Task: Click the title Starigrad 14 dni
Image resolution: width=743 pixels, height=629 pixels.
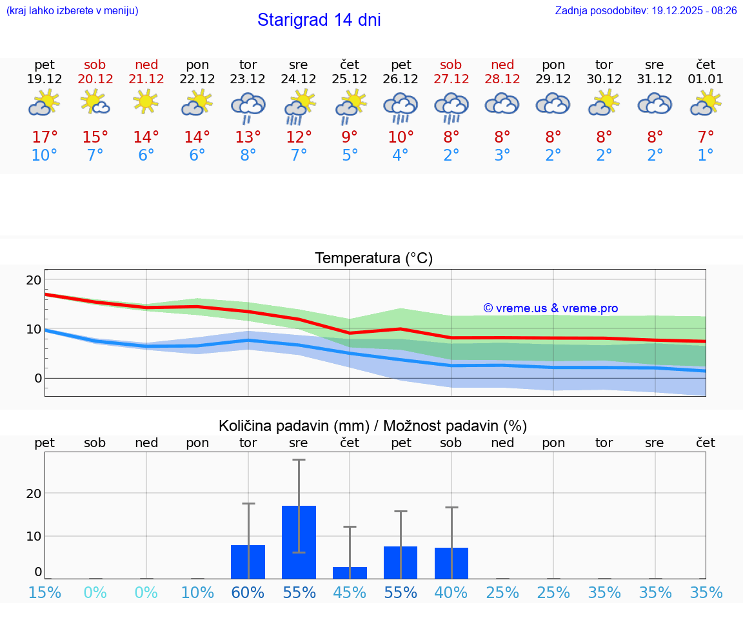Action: click(x=319, y=20)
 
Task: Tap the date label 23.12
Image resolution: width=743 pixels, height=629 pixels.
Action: click(x=248, y=79)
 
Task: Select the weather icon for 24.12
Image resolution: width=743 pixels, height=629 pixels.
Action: click(x=299, y=106)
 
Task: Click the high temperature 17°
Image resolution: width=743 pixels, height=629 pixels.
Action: click(x=45, y=137)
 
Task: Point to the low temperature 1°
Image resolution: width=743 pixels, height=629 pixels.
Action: click(x=706, y=155)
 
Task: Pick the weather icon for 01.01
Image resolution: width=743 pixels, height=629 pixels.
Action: click(x=706, y=103)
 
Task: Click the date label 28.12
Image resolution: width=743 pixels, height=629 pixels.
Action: click(x=502, y=79)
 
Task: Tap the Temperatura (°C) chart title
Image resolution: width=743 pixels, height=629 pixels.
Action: click(x=373, y=259)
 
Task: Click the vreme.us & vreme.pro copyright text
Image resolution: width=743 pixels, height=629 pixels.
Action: click(x=551, y=308)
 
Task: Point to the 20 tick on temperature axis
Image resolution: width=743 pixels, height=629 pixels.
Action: click(x=34, y=280)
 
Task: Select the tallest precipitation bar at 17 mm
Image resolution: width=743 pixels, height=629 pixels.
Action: click(x=299, y=542)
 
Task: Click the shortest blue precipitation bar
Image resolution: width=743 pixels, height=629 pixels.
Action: click(x=350, y=573)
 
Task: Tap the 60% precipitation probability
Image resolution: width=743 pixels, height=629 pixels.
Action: click(x=248, y=593)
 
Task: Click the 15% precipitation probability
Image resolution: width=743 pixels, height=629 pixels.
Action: click(x=45, y=593)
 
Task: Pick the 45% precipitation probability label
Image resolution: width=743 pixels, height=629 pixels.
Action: click(x=350, y=593)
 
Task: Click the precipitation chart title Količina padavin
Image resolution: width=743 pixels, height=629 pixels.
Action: click(x=373, y=426)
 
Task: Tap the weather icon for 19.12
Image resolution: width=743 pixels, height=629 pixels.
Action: click(x=45, y=103)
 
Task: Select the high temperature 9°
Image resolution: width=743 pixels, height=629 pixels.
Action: click(x=350, y=137)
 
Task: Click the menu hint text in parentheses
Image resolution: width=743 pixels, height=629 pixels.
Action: click(x=72, y=10)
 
